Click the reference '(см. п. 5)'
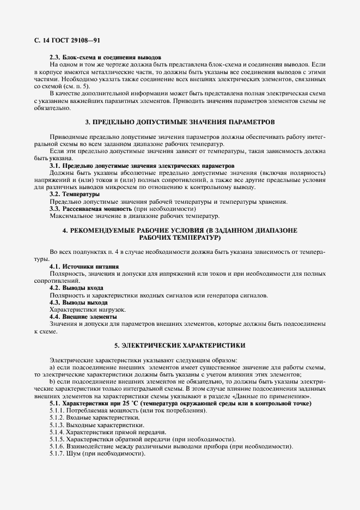pyautogui.click(x=78, y=86)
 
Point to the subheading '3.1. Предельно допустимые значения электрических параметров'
pyautogui.click(x=142, y=165)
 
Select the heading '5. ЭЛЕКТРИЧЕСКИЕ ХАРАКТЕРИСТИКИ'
pyautogui.click(x=180, y=345)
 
